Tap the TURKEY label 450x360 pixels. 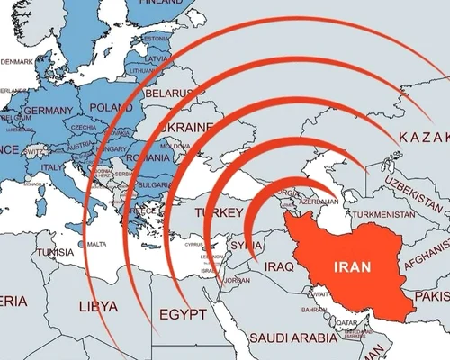[x=220, y=212]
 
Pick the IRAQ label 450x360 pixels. [x=280, y=265]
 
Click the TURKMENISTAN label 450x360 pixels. [x=380, y=215]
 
